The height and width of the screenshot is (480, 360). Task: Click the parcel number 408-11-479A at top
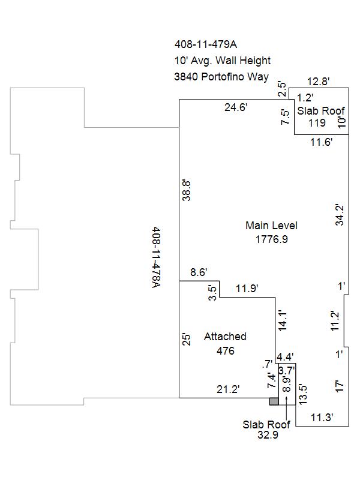point(206,44)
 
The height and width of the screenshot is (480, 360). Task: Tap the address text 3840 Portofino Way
point(221,77)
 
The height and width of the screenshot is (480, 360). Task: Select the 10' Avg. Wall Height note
point(223,61)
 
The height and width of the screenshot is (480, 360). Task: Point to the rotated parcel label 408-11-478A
point(157,257)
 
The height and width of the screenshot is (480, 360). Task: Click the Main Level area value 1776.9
point(272,239)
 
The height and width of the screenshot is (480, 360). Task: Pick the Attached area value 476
point(226,351)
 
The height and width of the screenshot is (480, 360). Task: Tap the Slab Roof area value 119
point(317,123)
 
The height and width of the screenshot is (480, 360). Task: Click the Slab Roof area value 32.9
point(268,434)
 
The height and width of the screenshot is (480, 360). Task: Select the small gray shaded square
point(274,401)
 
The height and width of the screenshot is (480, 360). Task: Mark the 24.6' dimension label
point(236,107)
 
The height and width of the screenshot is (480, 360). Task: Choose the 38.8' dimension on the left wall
point(186,190)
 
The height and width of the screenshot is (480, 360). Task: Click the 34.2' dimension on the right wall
point(340,215)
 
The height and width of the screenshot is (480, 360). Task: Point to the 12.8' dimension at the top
point(319,82)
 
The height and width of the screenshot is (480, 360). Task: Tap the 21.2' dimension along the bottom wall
point(228,389)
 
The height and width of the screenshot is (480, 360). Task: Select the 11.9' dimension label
point(247,289)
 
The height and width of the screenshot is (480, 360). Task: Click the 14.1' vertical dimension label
point(282,320)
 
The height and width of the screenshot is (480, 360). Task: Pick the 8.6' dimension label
point(199,272)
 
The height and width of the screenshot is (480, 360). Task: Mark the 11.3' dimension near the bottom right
point(322,417)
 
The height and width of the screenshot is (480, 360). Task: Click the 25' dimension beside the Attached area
point(186,339)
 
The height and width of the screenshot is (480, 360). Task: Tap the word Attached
point(226,337)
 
